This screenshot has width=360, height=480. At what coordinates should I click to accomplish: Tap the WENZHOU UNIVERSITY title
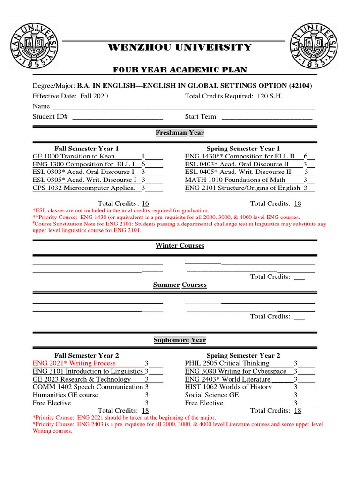(x=180, y=47)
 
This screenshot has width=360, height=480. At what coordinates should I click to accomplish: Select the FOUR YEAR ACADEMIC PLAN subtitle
(x=180, y=70)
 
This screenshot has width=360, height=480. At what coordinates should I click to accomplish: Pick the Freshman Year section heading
(x=180, y=133)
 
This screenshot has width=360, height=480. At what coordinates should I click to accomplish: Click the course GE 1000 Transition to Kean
(x=74, y=156)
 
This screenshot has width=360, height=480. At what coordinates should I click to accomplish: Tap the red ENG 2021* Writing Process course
(x=74, y=363)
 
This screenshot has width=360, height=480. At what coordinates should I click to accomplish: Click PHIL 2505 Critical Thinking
(x=227, y=363)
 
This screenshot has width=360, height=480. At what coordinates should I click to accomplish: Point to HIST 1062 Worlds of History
(x=228, y=387)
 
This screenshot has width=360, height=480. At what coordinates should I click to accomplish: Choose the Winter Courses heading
(x=180, y=246)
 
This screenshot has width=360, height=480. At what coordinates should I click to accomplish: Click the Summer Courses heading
(x=180, y=285)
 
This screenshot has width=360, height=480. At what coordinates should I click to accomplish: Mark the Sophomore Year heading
(x=180, y=340)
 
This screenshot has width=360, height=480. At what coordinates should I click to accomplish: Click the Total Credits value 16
(x=145, y=203)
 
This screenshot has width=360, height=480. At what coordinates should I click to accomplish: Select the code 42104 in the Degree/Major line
(x=300, y=86)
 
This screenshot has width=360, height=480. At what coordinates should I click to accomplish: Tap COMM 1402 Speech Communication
(x=88, y=387)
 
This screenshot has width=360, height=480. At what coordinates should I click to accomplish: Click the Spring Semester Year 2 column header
(x=244, y=356)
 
